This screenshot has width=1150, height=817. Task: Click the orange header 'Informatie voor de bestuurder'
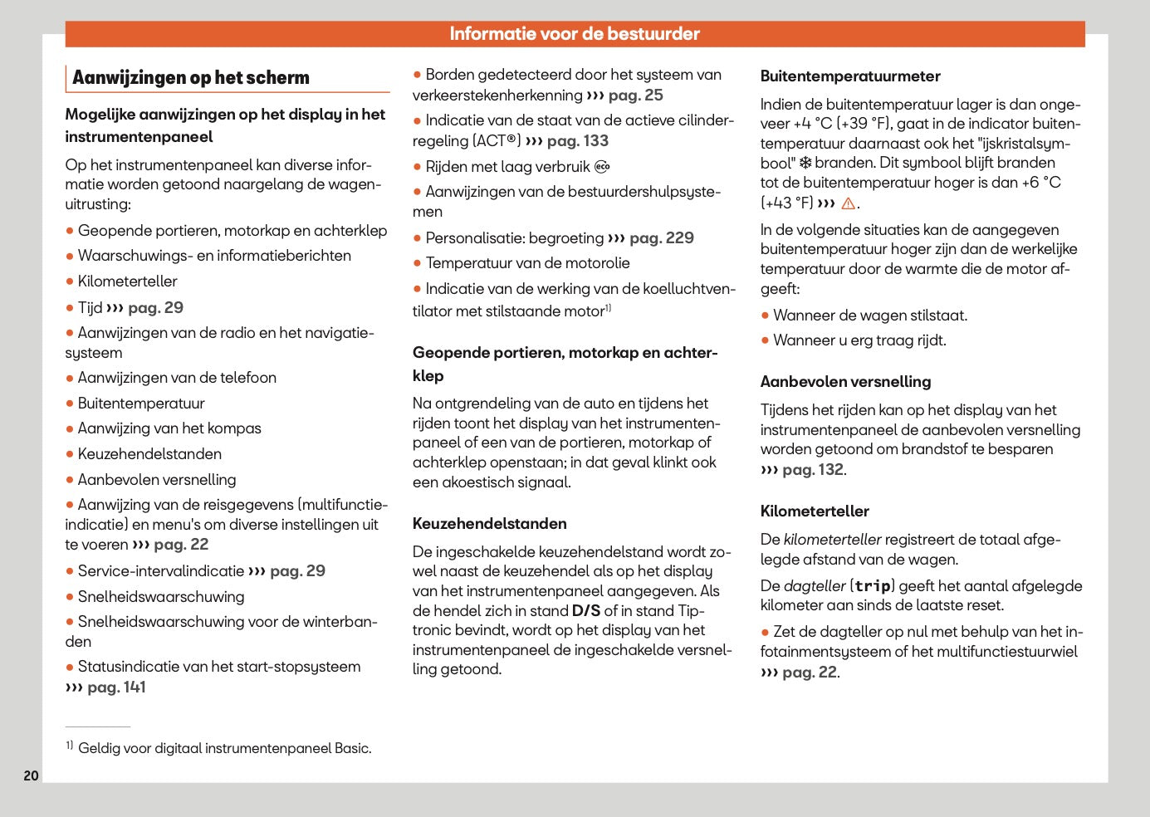[x=575, y=34]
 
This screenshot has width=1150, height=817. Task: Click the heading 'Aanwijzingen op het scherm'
[x=191, y=78]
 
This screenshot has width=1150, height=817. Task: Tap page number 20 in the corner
[x=31, y=775]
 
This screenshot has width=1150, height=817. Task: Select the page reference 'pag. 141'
[x=116, y=687]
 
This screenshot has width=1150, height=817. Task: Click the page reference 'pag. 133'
[x=578, y=141]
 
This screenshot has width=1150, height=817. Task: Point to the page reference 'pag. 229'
[x=661, y=238]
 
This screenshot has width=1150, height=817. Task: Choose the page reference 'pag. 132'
[x=813, y=470]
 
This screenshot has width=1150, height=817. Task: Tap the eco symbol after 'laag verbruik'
[x=602, y=167]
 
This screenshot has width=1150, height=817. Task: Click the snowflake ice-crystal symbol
[x=805, y=164]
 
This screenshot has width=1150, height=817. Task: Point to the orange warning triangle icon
[x=848, y=203]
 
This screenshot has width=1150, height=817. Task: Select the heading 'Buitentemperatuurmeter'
[x=850, y=76]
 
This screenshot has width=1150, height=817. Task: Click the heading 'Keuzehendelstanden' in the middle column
[x=490, y=524]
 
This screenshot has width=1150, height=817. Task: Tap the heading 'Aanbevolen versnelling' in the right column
[x=845, y=382]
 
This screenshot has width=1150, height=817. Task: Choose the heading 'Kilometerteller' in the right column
[x=815, y=511]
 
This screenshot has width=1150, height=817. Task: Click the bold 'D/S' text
[x=585, y=611]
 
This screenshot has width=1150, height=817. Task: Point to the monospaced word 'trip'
[x=872, y=586]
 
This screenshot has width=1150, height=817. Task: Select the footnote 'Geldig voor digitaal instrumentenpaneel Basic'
[x=224, y=748]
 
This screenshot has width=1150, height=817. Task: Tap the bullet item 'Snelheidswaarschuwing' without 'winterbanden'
[x=161, y=597]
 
